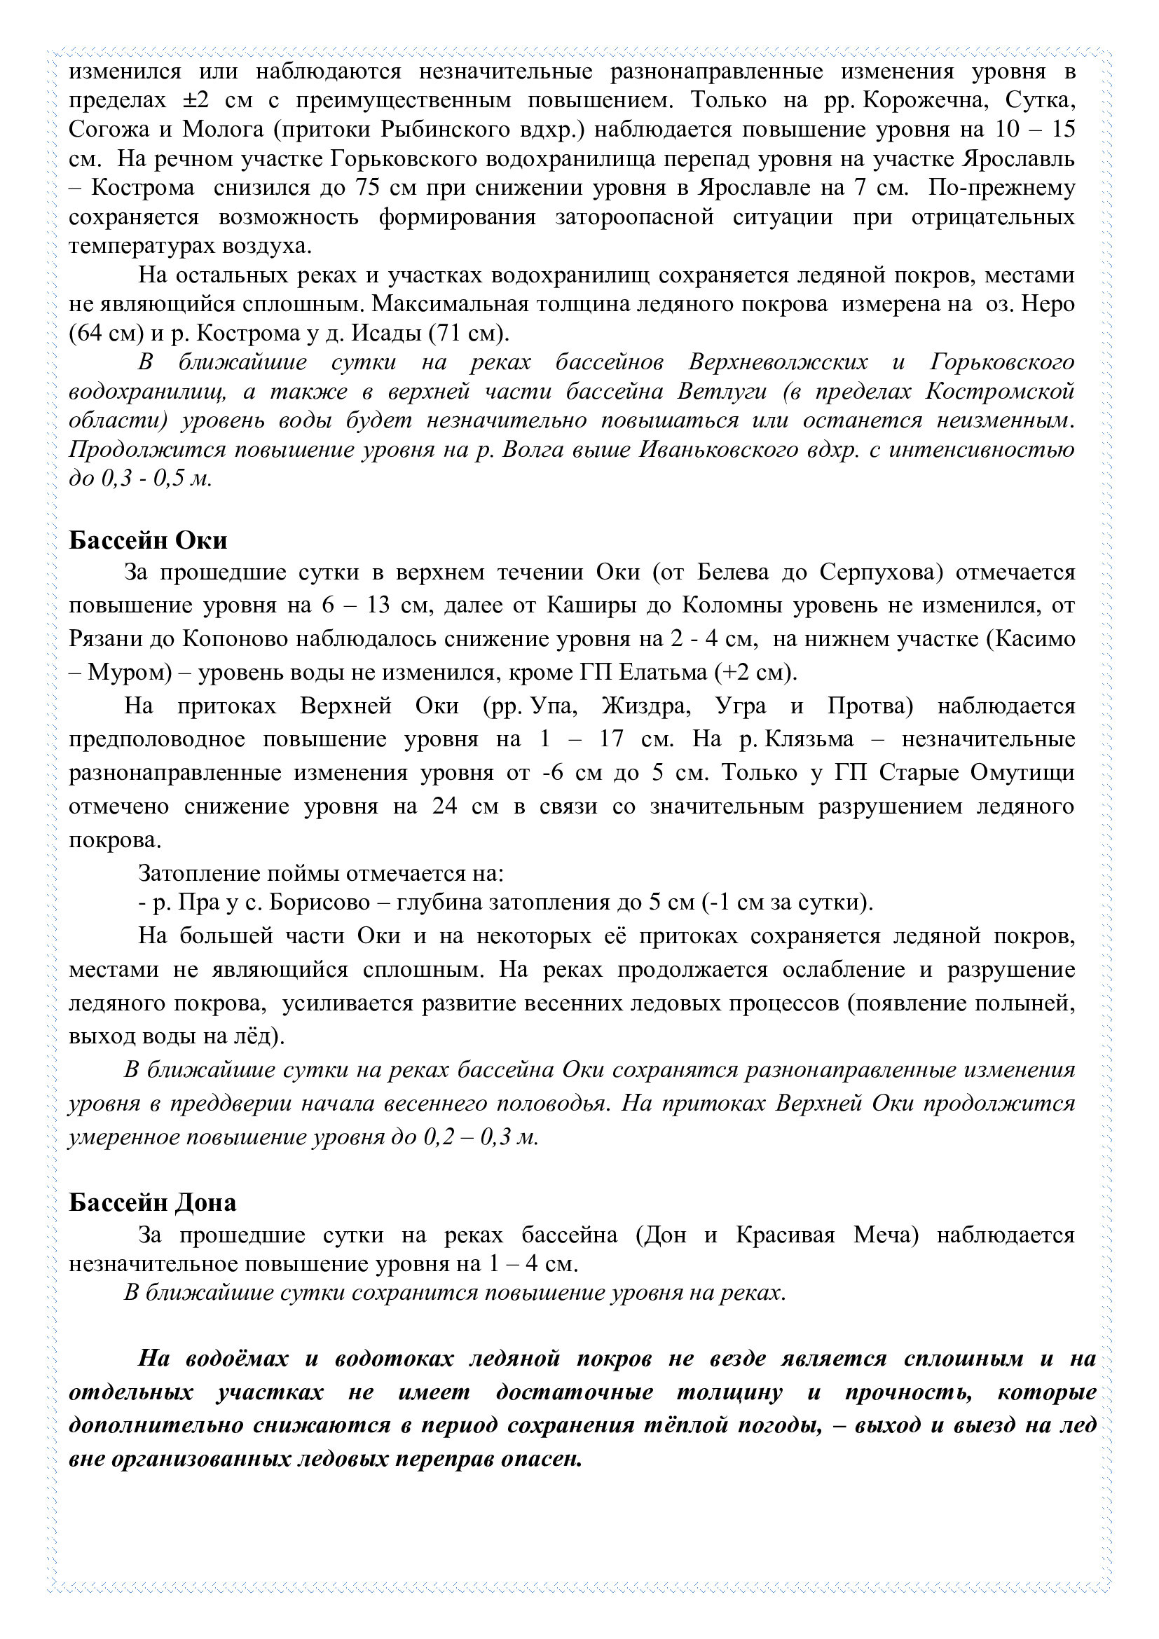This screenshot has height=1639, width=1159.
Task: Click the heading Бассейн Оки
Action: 148,540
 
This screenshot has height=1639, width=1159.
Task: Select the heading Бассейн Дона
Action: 152,1203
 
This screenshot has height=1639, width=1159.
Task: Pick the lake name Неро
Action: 1048,304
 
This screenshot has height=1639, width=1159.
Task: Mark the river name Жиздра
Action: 647,706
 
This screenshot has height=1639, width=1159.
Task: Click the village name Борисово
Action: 319,903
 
